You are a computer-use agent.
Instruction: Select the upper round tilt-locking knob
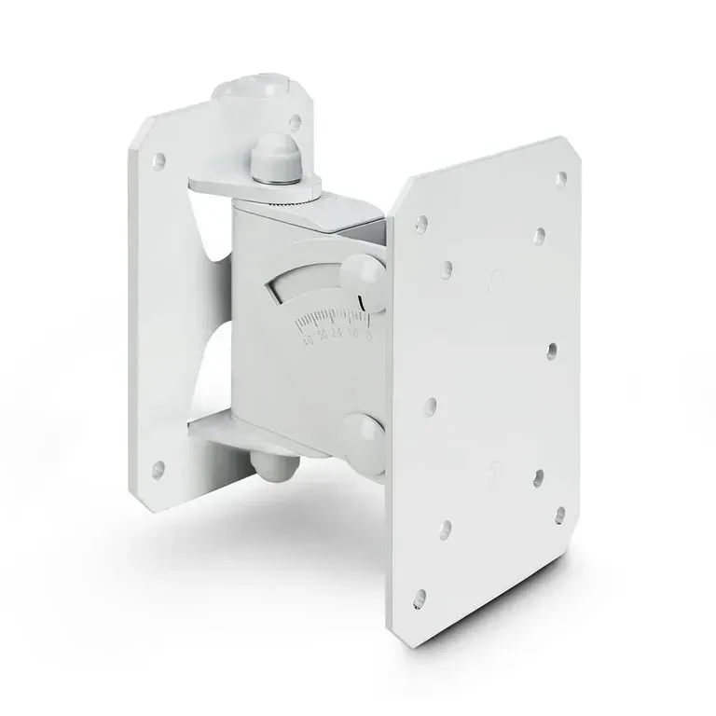click(362, 275)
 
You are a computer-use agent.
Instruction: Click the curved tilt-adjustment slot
click(308, 280)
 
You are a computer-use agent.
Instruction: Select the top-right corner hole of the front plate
click(560, 177)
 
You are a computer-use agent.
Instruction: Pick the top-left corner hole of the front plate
click(421, 224)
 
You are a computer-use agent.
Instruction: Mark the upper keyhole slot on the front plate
click(495, 278)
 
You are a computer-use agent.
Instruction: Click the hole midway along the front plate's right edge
click(552, 351)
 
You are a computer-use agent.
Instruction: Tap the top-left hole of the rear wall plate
click(158, 160)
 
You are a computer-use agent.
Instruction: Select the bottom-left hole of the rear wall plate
click(158, 468)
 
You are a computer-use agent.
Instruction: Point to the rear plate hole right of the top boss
click(295, 121)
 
